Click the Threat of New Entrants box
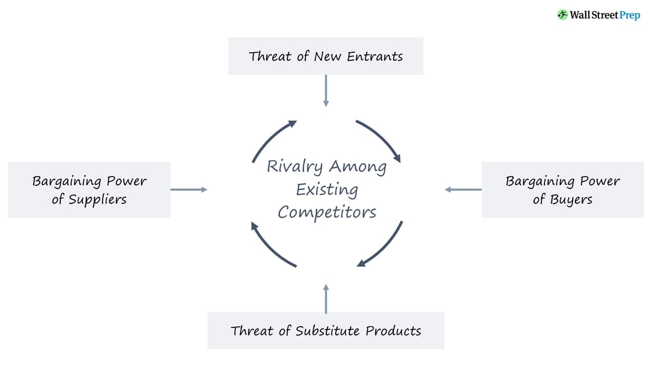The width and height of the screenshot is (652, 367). pos(325,56)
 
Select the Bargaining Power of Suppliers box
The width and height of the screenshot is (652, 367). pos(89,190)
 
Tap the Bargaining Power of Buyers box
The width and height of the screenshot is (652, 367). pos(562,190)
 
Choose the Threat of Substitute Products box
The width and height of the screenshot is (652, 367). pos(325,331)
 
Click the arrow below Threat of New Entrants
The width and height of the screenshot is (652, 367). pos(325,90)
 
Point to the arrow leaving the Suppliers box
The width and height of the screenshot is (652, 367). pos(189,189)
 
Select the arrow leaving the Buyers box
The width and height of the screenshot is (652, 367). pos(463,189)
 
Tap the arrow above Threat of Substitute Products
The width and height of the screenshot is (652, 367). pos(325,298)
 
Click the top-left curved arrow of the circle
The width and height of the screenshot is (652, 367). pos(271,138)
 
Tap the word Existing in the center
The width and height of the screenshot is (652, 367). pos(327,190)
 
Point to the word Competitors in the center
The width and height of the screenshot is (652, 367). pos(327,212)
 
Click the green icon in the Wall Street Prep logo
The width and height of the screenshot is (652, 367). pos(563,15)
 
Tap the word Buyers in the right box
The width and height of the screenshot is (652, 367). pos(570,200)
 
